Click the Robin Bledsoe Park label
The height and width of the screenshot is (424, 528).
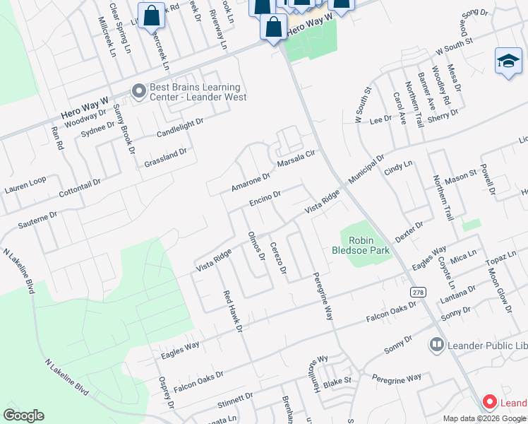361,245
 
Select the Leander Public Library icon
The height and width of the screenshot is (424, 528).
436,345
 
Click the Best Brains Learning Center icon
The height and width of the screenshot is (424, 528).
138,90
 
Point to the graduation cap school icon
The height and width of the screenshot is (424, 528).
508,61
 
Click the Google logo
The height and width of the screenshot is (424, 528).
23,415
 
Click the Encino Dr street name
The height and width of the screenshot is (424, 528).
265,199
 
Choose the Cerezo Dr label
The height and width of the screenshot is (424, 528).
277,258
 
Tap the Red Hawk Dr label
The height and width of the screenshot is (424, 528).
233,311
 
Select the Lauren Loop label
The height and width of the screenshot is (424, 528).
25,186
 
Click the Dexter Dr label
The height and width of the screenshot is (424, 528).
409,232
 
